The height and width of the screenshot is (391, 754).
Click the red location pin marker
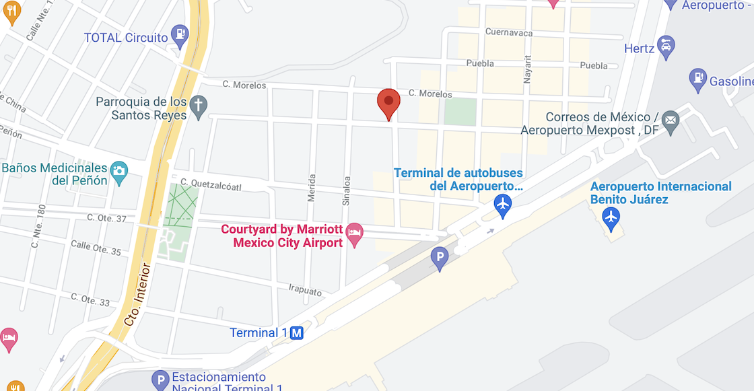(x=388, y=103)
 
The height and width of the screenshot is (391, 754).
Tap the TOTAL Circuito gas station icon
(x=180, y=33)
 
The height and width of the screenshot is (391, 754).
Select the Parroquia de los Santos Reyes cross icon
(x=198, y=105)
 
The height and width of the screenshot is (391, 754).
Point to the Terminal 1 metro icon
(x=297, y=332)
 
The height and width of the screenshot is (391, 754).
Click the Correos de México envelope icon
(x=671, y=121)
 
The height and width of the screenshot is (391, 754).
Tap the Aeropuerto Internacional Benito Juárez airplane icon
(x=611, y=217)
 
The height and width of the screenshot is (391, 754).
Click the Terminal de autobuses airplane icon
(x=502, y=204)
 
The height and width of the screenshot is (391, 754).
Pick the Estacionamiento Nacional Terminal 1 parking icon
(x=160, y=380)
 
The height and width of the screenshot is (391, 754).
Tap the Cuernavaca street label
(x=509, y=33)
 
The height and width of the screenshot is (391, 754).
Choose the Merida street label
(x=312, y=189)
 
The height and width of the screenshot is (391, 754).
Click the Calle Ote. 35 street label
(x=96, y=248)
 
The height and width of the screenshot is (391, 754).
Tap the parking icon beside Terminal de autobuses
(x=440, y=257)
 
